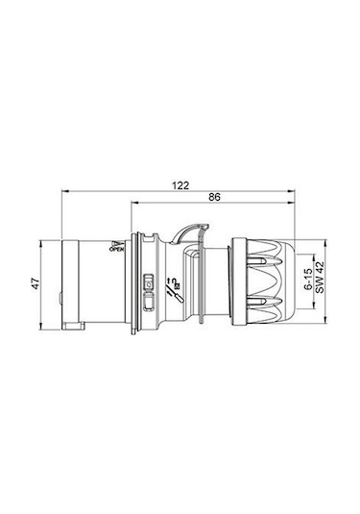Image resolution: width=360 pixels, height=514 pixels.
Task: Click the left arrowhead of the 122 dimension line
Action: pyautogui.click(x=63, y=190)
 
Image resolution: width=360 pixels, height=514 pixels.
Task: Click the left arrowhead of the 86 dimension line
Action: pyautogui.click(x=132, y=204)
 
